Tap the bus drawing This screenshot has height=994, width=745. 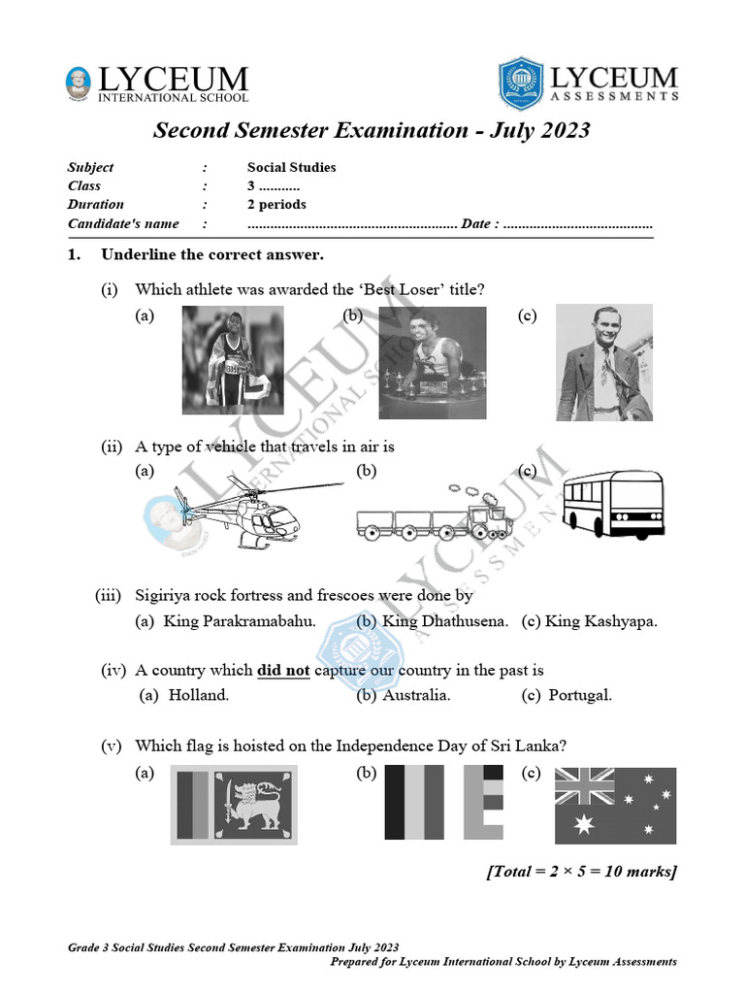612,504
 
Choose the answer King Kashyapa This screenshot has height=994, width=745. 600,621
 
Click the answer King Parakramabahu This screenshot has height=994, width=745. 240,621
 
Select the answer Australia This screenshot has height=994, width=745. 416,695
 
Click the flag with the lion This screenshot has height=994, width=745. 235,804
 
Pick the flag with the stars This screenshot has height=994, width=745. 615,805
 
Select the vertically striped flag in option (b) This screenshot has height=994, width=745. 444,802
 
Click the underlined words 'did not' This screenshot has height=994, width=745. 283,670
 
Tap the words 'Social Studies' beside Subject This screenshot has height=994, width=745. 291,167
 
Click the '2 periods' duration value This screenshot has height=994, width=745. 276,204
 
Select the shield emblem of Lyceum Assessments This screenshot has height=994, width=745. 522,82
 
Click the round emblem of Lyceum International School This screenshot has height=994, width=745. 79,83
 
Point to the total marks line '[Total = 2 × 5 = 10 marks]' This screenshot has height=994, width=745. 580,871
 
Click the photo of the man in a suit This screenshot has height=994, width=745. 603,362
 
